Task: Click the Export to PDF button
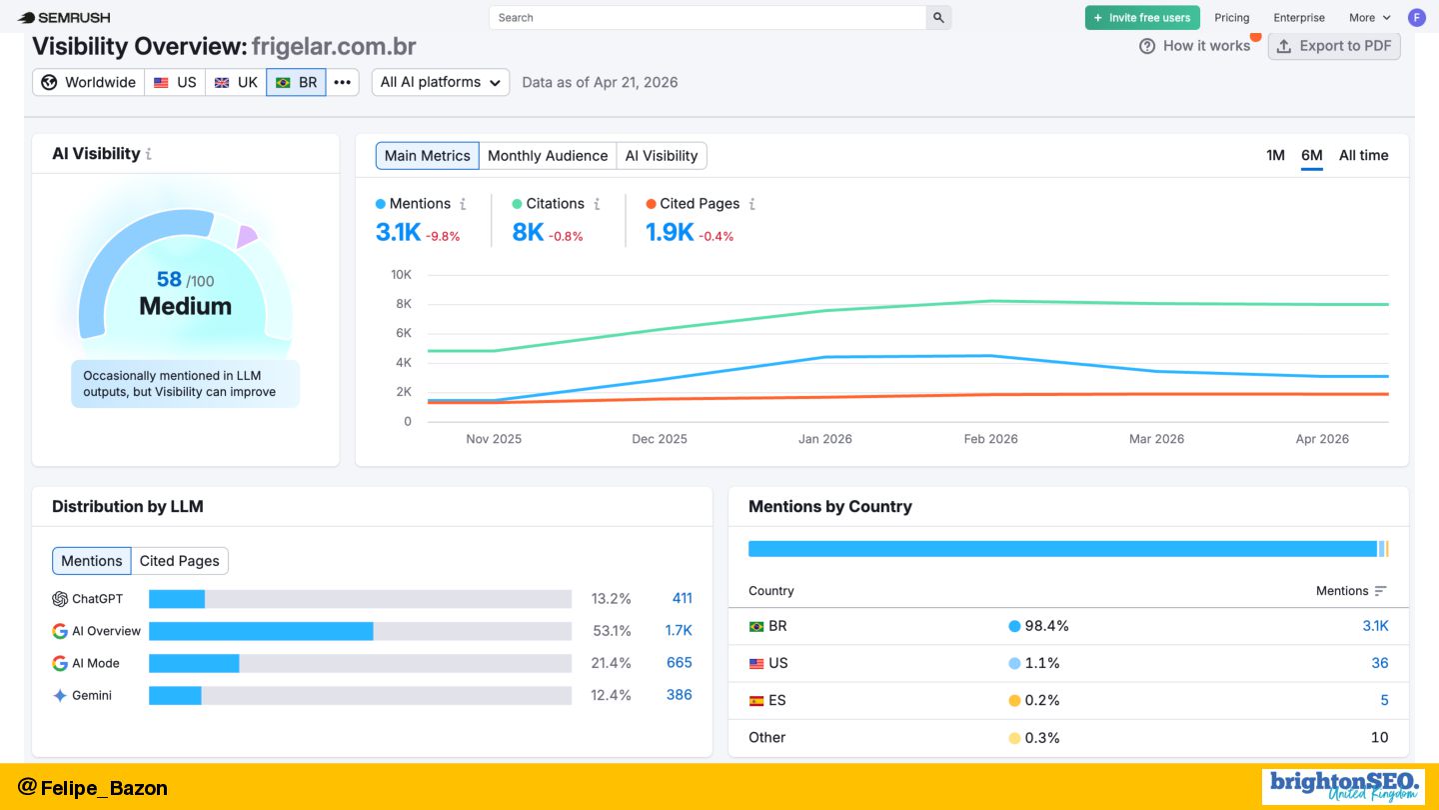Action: (1334, 46)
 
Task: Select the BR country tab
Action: (296, 82)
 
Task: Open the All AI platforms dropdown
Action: (441, 82)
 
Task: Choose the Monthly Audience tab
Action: (548, 156)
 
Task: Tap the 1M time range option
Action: (1275, 156)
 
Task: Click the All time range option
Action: (1363, 156)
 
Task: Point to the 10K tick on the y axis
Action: (401, 275)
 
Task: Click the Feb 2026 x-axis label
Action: (990, 439)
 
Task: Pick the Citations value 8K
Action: (528, 232)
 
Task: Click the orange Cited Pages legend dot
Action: (651, 204)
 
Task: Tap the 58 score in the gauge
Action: (169, 279)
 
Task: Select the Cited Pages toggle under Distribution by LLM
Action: (179, 561)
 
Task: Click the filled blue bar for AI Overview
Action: (261, 631)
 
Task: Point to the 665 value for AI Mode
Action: (680, 663)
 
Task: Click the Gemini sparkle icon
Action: (60, 696)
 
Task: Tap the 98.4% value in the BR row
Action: (1046, 626)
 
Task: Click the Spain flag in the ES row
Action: (756, 701)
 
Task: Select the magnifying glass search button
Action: (938, 18)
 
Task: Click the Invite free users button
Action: (1142, 18)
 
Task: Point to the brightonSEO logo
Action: (1343, 786)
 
